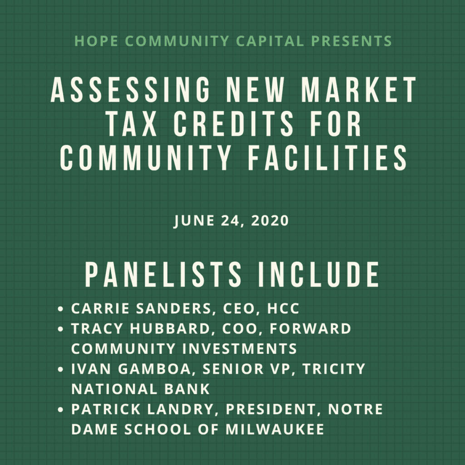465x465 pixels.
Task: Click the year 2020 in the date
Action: pyautogui.click(x=271, y=221)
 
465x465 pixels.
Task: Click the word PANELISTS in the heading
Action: pyautogui.click(x=164, y=275)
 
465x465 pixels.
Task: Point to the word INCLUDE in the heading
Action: pyautogui.click(x=320, y=275)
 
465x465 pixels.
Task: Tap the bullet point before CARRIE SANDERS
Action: pyautogui.click(x=61, y=310)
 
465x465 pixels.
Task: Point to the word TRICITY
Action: pyautogui.click(x=334, y=369)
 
